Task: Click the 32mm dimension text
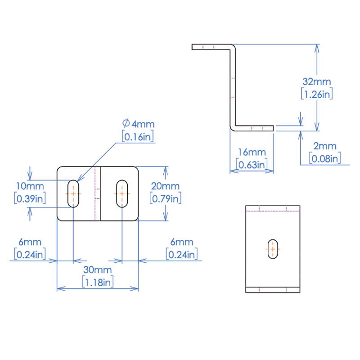coord(317,82)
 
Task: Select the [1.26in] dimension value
coord(317,94)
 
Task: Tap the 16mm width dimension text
coord(252,153)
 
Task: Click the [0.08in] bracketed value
coord(324,158)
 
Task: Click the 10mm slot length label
coord(30,186)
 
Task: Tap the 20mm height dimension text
coord(165,186)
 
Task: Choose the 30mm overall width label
coord(98,270)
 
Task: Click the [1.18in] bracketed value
coord(98,282)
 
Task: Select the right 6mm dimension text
coord(182,242)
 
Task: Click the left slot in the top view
coord(73,193)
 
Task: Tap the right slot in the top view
coord(121,193)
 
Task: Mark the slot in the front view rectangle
coord(273,248)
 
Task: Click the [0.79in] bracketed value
coord(165,198)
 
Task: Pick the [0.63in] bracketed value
coord(252,165)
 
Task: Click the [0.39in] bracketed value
coord(30,198)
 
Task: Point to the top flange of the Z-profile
coord(211,46)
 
